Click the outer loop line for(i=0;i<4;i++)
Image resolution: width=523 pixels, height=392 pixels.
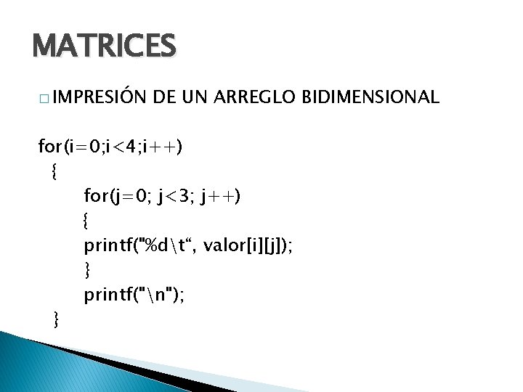pyautogui.click(x=110, y=147)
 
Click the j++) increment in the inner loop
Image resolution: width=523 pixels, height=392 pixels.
pyautogui.click(x=221, y=197)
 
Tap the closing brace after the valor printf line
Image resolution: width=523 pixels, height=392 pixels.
pyautogui.click(x=87, y=269)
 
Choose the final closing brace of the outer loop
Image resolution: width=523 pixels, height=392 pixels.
pyautogui.click(x=55, y=318)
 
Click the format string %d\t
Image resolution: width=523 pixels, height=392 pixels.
pyautogui.click(x=165, y=245)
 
